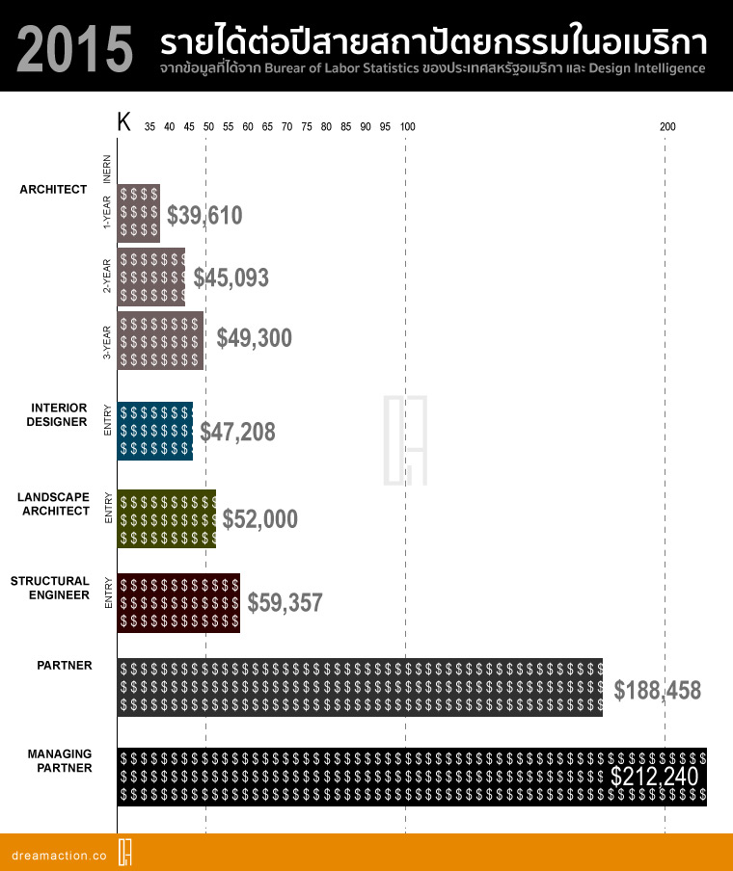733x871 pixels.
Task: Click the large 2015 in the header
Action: point(74,49)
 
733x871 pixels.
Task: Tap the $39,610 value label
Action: point(204,216)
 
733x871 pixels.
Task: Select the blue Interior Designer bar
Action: point(155,431)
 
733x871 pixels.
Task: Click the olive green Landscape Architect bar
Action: point(167,518)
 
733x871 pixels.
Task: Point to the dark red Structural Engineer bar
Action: point(178,603)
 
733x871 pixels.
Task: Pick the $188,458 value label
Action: point(658,691)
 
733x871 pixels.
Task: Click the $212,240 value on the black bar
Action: point(655,776)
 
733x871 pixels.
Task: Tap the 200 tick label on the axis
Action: point(667,126)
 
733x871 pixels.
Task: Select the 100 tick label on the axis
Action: point(408,126)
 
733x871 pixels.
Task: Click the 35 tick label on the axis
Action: point(149,126)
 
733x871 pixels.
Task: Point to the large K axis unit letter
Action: point(124,121)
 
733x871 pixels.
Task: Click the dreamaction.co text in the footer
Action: point(59,856)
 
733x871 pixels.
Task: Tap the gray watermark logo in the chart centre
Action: point(405,440)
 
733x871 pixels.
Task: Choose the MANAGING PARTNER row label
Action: point(60,761)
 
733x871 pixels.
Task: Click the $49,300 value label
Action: point(255,338)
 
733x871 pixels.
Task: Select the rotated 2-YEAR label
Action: point(107,276)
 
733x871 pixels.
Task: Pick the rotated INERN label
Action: point(107,169)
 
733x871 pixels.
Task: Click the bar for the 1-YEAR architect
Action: point(139,213)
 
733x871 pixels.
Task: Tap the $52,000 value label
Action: point(260,518)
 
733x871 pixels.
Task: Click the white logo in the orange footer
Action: point(125,852)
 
